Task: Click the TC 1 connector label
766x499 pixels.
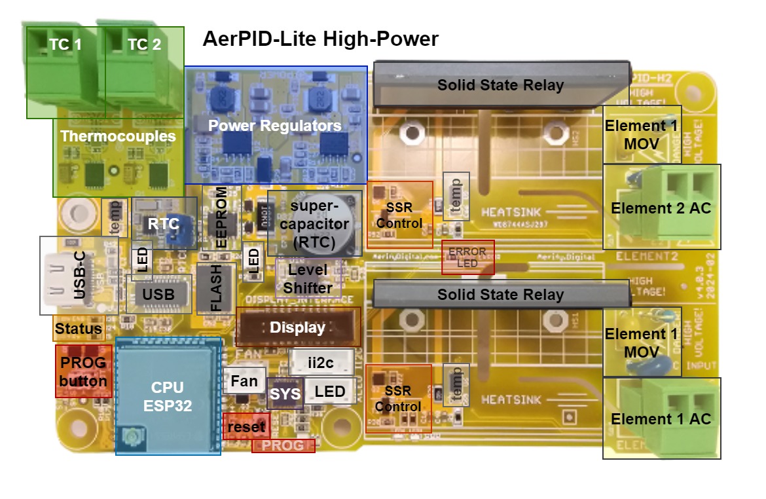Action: click(65, 45)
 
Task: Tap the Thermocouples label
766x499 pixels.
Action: click(118, 136)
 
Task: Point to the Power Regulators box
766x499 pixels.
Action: click(275, 125)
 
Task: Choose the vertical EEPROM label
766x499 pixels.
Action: click(221, 216)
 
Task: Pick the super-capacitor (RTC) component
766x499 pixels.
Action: click(314, 224)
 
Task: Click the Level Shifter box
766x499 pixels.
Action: click(308, 278)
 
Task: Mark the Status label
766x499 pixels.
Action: click(79, 329)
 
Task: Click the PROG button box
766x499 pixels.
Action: click(83, 371)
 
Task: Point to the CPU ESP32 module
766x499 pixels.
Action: click(167, 396)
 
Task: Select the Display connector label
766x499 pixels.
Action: click(298, 327)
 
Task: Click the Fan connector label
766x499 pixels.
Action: click(244, 380)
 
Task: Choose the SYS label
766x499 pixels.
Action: click(285, 394)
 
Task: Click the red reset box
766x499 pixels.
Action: click(246, 427)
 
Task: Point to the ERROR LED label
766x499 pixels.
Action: click(468, 257)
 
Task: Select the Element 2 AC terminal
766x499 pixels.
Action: click(661, 208)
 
